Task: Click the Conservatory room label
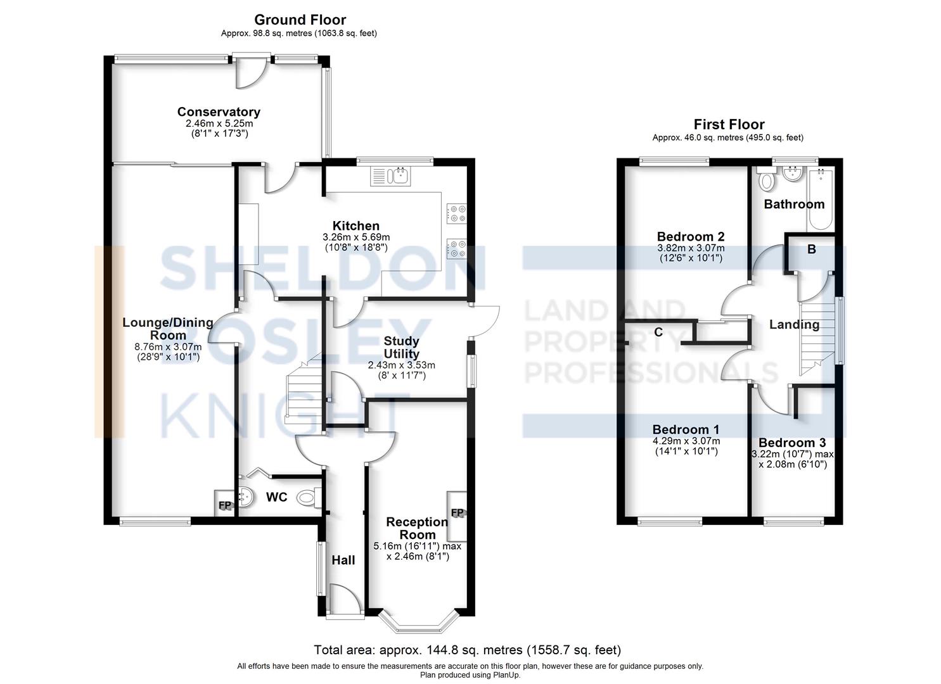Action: click(219, 112)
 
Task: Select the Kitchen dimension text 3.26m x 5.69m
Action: click(356, 237)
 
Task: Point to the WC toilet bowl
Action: click(308, 498)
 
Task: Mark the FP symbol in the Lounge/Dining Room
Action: click(225, 505)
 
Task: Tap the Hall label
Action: click(343, 560)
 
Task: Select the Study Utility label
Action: click(401, 347)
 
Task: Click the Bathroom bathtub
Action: click(821, 199)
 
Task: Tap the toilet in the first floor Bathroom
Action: click(766, 178)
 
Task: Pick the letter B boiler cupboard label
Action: click(812, 250)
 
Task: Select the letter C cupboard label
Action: click(658, 332)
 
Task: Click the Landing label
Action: click(794, 324)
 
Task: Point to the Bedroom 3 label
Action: click(792, 443)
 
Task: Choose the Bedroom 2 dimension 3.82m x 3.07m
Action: click(691, 248)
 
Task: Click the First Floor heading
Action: click(729, 124)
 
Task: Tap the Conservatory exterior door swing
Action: click(250, 73)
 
